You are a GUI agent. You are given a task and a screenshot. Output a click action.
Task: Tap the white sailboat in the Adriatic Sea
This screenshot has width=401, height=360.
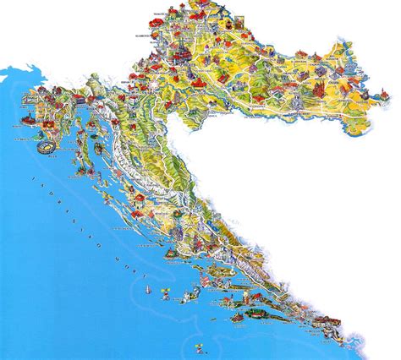[x=158, y=290]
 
